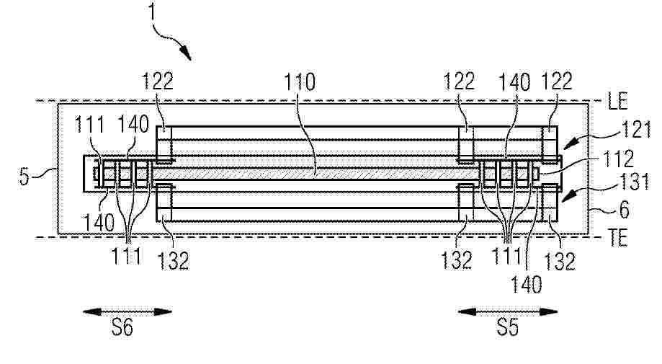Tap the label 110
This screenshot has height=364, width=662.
300,82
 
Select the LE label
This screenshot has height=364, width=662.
618,102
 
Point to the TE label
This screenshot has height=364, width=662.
619,239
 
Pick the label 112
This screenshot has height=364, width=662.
619,159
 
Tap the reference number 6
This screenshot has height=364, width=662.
624,210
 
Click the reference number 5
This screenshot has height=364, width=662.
24,176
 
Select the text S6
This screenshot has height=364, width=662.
122,327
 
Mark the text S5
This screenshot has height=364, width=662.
507,327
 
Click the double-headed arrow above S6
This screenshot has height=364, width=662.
128,312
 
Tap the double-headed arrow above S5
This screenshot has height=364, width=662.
508,312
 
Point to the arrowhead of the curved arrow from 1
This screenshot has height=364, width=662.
186,53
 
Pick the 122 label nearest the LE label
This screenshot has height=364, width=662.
556,81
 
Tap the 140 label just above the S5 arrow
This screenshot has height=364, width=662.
526,285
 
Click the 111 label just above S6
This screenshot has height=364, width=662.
126,255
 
